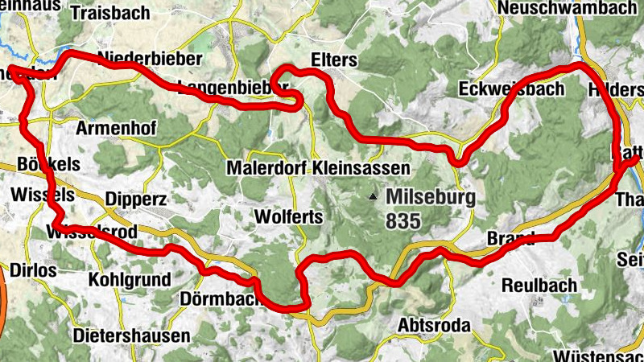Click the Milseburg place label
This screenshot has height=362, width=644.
(431, 196)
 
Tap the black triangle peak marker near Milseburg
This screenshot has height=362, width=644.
(372, 195)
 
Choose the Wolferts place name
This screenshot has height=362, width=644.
(288, 217)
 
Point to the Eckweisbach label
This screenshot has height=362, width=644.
(510, 88)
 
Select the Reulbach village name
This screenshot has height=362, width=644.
(539, 286)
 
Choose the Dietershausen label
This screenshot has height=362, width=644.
(131, 335)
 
